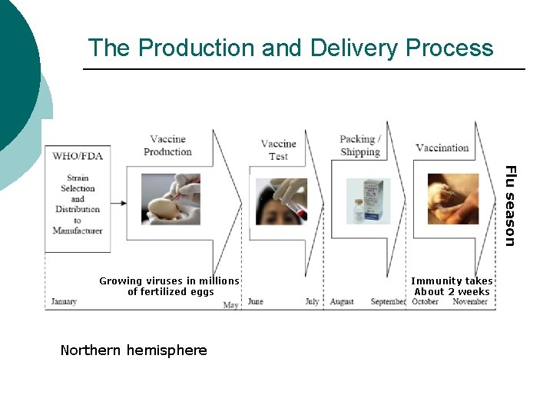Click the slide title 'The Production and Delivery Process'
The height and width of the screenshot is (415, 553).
coord(290,48)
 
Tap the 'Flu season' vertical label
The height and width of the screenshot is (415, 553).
coord(510,206)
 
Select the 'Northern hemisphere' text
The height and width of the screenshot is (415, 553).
coord(134,350)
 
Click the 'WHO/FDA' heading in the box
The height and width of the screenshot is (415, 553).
coord(78,156)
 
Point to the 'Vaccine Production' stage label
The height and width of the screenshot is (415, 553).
coord(167,145)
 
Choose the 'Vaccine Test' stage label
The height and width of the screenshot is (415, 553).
coord(278,149)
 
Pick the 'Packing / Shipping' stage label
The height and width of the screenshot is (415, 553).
coord(360,145)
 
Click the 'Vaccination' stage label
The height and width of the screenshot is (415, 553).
coord(442,148)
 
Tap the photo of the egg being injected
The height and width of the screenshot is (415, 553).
coord(171,199)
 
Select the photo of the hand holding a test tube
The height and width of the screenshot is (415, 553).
coord(281,201)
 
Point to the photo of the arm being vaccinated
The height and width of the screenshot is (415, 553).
coord(453,199)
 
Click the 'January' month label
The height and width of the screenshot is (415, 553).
coord(65,302)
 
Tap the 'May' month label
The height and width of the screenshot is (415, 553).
coord(230,305)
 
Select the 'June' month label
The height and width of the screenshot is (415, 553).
coord(255,302)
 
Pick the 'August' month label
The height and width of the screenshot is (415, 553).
coord(342,302)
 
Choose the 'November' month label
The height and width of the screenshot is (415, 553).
coord(470,302)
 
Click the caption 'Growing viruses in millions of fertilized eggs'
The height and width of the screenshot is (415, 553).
coord(170,286)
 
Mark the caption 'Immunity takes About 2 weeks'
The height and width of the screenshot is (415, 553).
coord(452,286)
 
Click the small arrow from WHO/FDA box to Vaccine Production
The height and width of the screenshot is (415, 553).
coord(120,201)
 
